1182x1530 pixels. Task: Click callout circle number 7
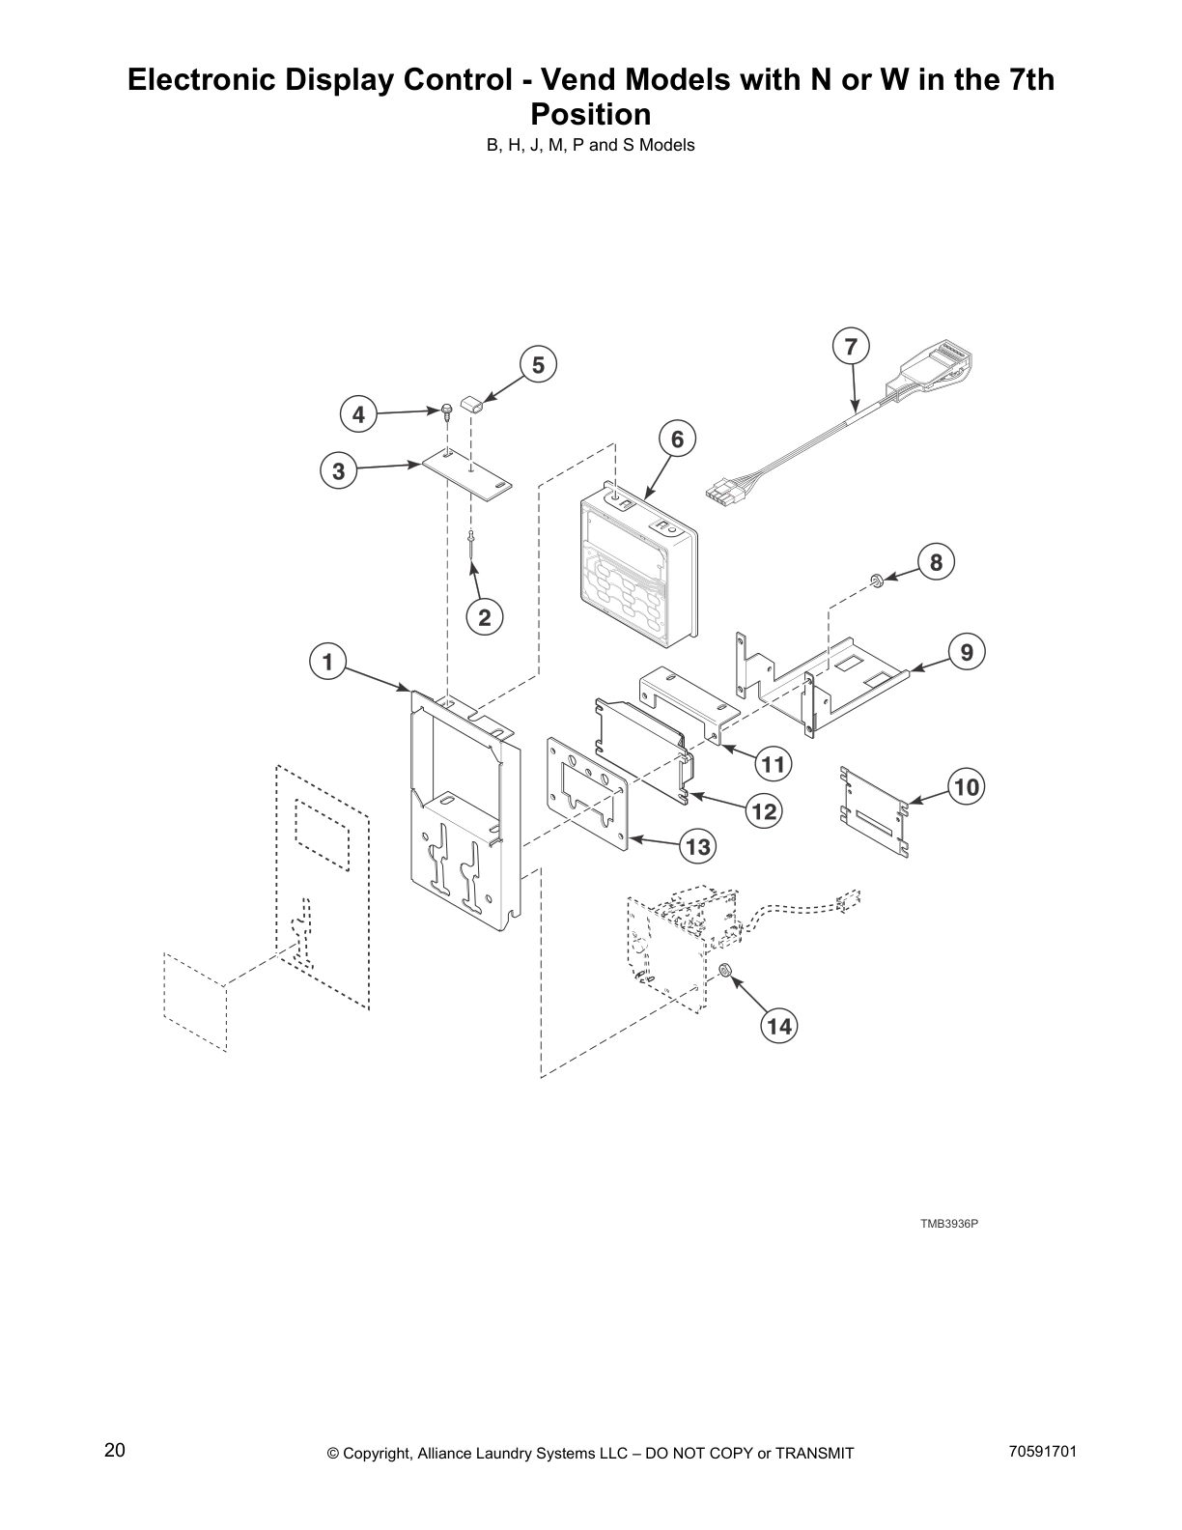(851, 347)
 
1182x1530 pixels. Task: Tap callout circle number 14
(779, 1026)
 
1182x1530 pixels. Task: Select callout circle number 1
(327, 663)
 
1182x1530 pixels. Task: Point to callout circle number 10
(966, 787)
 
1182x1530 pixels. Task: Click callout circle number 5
(538, 365)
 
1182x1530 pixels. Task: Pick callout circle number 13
(697, 848)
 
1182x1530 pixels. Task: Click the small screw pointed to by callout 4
(447, 411)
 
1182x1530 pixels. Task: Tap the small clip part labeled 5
(471, 401)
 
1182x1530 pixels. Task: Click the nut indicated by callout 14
(725, 970)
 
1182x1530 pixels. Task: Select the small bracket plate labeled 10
(875, 809)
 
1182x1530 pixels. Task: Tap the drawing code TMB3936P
(948, 1224)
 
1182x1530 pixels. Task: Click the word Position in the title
(591, 115)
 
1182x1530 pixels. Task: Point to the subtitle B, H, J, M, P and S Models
(591, 146)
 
